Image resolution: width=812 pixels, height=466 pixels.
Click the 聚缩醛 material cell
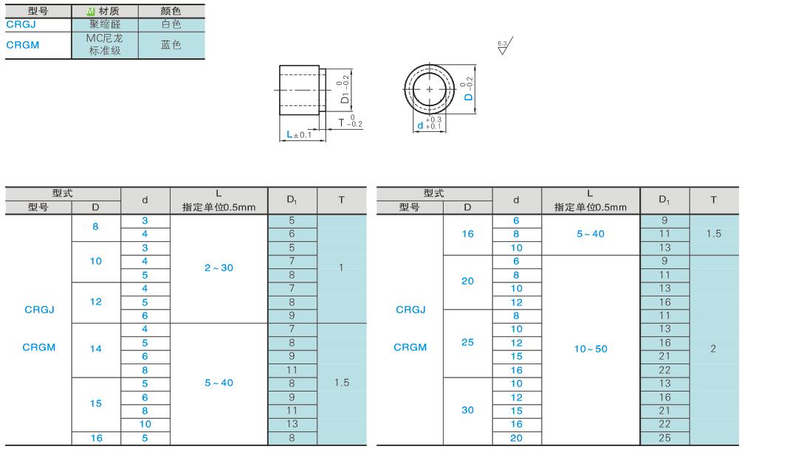pyautogui.click(x=105, y=24)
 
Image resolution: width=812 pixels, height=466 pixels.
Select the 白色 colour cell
pyautogui.click(x=171, y=24)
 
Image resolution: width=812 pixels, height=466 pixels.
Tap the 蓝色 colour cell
pyautogui.click(x=171, y=45)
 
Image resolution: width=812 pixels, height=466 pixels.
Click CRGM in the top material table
pyautogui.click(x=23, y=45)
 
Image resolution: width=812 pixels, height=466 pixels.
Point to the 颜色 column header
pyautogui.click(x=171, y=11)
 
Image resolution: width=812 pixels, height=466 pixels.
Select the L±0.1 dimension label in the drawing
pyautogui.click(x=299, y=134)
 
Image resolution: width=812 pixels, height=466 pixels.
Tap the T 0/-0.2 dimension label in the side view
pyautogui.click(x=350, y=122)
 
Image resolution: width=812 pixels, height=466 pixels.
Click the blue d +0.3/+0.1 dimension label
pyautogui.click(x=430, y=123)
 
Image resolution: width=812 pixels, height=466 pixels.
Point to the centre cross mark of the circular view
pyautogui.click(x=430, y=89)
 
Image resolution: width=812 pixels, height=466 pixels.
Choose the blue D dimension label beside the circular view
pyautogui.click(x=468, y=88)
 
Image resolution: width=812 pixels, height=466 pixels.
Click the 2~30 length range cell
pyautogui.click(x=219, y=268)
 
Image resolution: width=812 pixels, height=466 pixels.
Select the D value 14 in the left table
pyautogui.click(x=96, y=349)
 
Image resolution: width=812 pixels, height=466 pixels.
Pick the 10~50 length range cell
pyautogui.click(x=591, y=349)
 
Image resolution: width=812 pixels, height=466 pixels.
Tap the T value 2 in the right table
pyautogui.click(x=714, y=349)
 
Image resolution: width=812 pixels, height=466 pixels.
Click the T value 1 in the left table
pyautogui.click(x=341, y=268)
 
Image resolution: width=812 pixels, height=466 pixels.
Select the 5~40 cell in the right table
pyautogui.click(x=591, y=234)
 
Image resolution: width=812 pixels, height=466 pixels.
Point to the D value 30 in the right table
pyautogui.click(x=467, y=410)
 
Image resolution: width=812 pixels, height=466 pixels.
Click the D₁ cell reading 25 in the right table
pyautogui.click(x=665, y=438)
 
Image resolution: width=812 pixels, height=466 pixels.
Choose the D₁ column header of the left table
pyautogui.click(x=292, y=200)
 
